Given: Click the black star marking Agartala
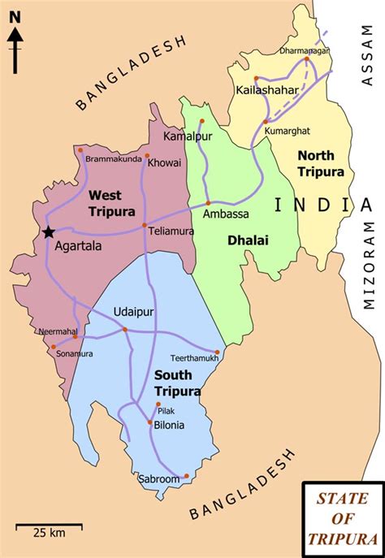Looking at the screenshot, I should point(49,232).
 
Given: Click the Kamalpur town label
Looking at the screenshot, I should point(188,136).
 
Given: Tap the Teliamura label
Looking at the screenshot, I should point(169,231).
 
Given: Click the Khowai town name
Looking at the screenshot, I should point(165,162).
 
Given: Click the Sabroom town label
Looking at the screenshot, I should point(158,479).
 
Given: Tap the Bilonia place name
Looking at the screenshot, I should point(168,425).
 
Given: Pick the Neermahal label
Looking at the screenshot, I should point(55,331).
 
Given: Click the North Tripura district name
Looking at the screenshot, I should point(321,163).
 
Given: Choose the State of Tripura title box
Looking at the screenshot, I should point(341,518).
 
